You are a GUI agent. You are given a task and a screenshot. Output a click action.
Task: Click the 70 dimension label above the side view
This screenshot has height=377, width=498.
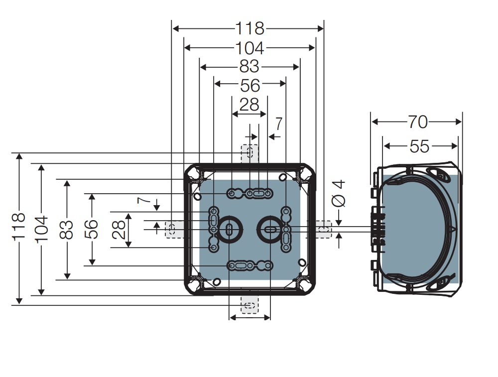point(418,122)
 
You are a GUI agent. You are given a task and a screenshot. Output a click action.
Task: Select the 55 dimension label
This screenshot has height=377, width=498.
point(419,146)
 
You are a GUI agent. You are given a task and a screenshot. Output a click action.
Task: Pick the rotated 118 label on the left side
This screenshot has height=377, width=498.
point(18,227)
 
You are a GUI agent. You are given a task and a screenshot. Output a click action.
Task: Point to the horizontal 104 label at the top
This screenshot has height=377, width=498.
point(249,48)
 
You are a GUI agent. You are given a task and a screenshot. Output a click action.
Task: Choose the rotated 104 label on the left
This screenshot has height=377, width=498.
point(41,229)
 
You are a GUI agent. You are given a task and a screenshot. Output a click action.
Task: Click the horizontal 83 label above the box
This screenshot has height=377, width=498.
point(249,66)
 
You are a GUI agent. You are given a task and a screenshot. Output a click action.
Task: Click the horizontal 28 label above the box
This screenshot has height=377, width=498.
point(249,105)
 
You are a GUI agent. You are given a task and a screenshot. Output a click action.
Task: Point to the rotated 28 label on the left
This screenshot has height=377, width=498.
point(119,229)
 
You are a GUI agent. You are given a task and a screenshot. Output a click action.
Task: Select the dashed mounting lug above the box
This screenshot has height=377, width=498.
point(249,153)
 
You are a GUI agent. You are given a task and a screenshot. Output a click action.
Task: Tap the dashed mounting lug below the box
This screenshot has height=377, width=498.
point(249,304)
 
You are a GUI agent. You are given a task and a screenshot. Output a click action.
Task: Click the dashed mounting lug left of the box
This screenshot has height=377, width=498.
point(173,229)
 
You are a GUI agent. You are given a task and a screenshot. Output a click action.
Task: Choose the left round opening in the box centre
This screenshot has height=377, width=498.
point(229,229)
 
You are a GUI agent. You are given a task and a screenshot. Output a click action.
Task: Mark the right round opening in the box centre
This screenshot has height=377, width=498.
point(269,229)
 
